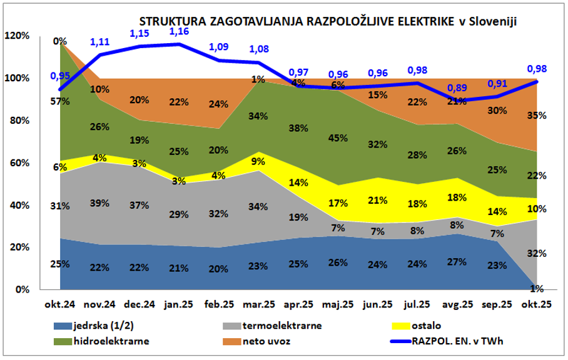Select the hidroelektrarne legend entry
(x=111, y=341)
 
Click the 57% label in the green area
(x=60, y=101)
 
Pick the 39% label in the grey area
(x=100, y=203)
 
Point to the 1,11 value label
(x=100, y=42)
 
